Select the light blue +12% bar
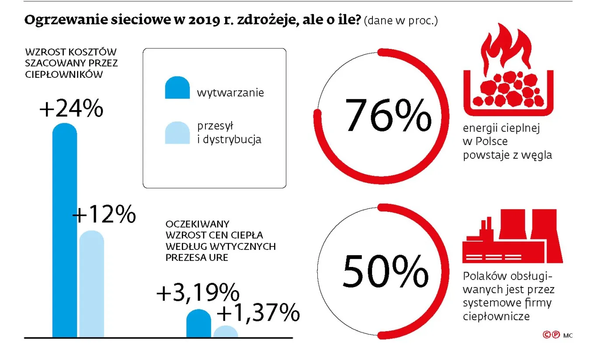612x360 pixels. [92, 284]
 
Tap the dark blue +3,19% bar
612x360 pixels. [198, 324]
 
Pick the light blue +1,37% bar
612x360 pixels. [226, 332]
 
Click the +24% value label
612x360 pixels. [71, 109]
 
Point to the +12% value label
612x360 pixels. [104, 215]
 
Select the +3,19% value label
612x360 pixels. [198, 293]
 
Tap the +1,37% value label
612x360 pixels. [258, 313]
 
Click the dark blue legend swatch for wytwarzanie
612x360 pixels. [177, 88]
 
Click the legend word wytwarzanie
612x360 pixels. [230, 93]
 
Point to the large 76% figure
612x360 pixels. [388, 115]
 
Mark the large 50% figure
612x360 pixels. [385, 271]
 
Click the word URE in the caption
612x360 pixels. [219, 257]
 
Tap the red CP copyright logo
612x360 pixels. [551, 335]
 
